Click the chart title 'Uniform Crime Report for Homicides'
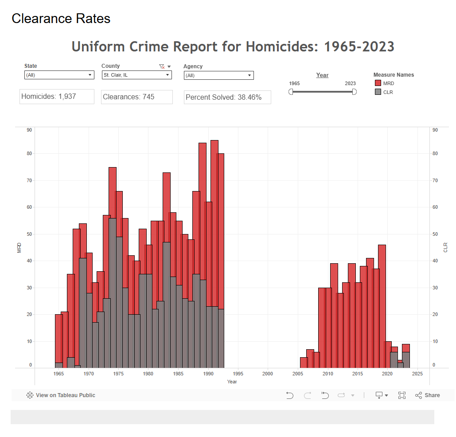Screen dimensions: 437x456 tap(233, 47)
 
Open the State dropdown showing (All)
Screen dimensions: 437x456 tap(59, 75)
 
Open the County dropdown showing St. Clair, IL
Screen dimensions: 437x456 tap(136, 75)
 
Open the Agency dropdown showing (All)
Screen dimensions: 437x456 tap(218, 75)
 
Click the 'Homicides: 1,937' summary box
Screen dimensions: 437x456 tap(57, 97)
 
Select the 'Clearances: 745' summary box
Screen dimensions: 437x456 tap(136, 97)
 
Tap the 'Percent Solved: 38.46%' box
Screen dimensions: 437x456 tap(227, 97)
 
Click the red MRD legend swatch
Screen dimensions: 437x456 tap(378, 83)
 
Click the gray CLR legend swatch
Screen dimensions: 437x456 tap(378, 92)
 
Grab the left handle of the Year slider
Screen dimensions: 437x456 tap(291, 92)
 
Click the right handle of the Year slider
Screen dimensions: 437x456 tap(354, 92)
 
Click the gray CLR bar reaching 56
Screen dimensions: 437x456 tap(113, 293)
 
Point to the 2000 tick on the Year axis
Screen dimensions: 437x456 tap(268, 374)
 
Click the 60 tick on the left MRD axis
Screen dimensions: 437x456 tap(29, 207)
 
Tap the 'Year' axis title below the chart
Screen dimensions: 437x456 tap(232, 382)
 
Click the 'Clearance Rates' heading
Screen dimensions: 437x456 tap(61, 19)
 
